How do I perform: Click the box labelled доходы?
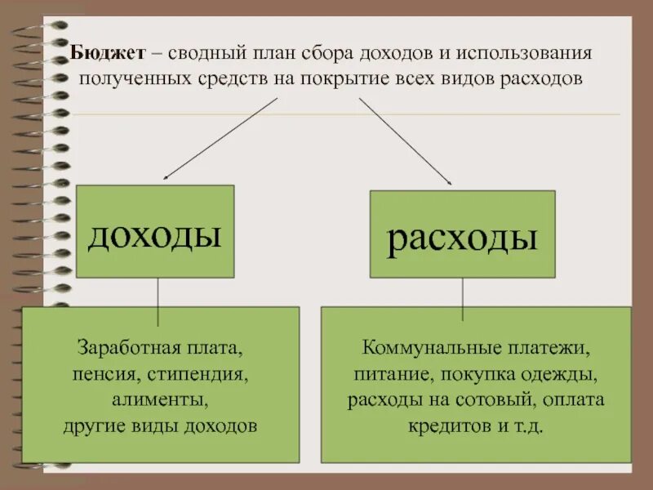[x=155, y=232]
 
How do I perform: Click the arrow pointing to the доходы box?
[x=220, y=139]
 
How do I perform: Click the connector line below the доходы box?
[x=158, y=293]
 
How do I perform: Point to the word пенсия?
[x=96, y=374]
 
